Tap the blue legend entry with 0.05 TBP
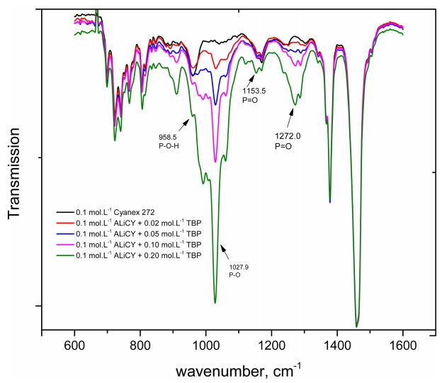tap(128, 233)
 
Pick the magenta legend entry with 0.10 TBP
tap(128, 243)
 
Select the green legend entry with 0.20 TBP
tap(128, 253)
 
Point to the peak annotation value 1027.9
tap(239, 267)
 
